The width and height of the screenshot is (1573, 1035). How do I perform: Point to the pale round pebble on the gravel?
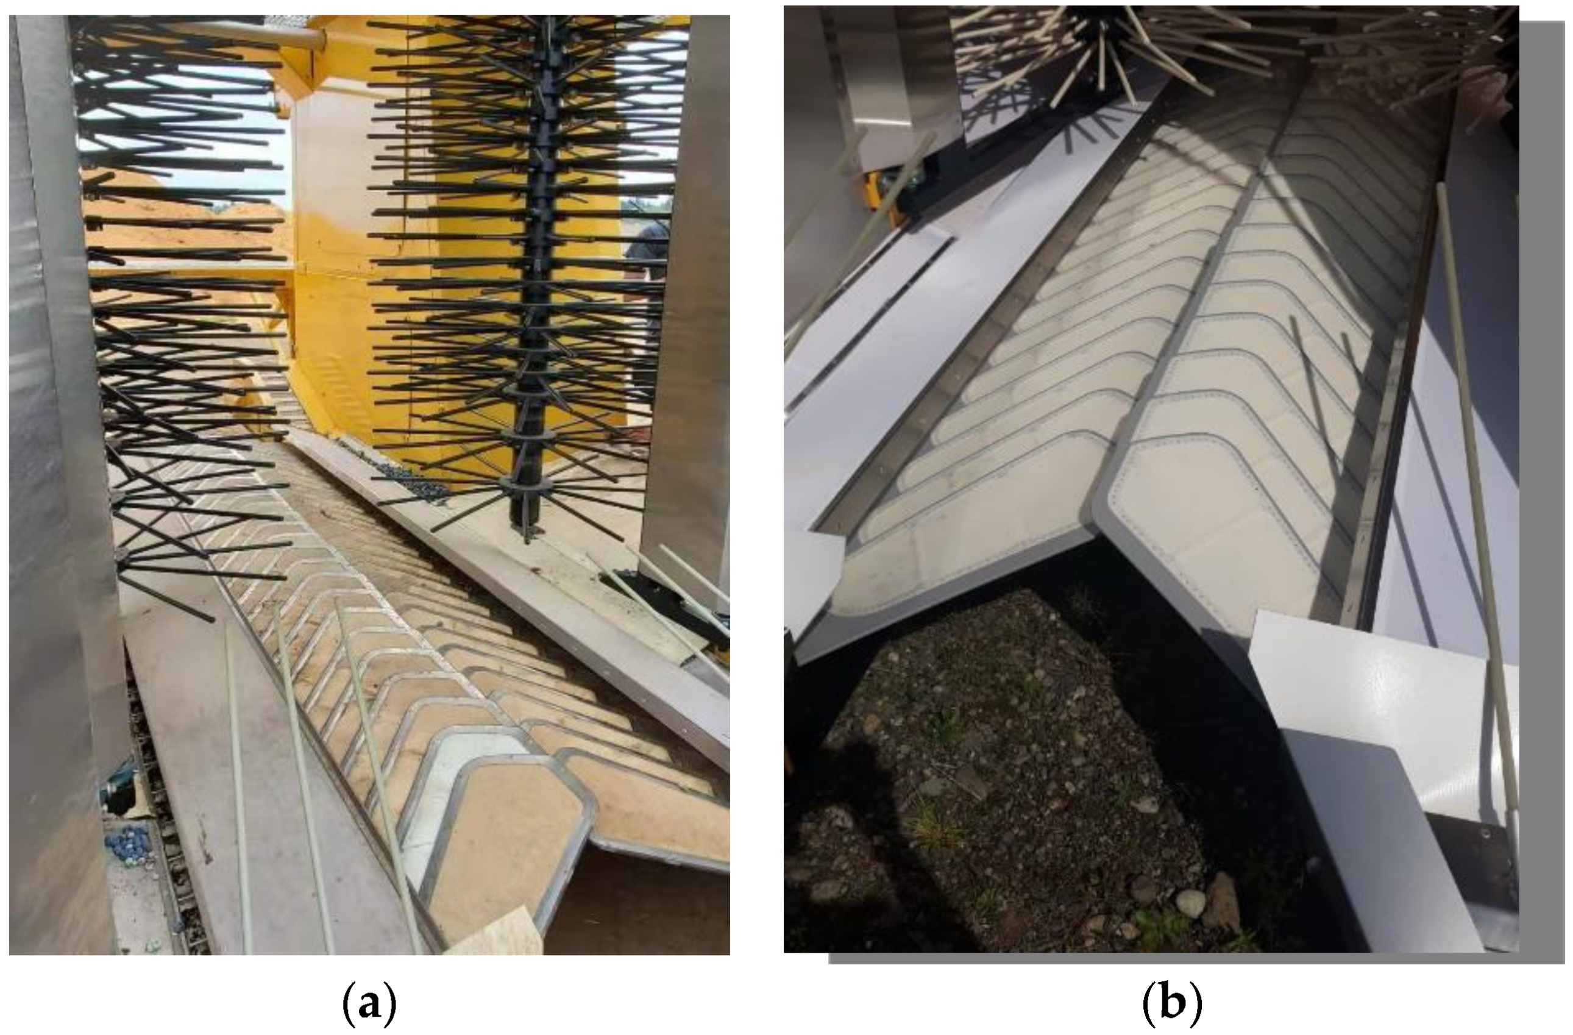(1191, 902)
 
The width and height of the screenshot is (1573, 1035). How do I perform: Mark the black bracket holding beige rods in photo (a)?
(661, 602)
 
